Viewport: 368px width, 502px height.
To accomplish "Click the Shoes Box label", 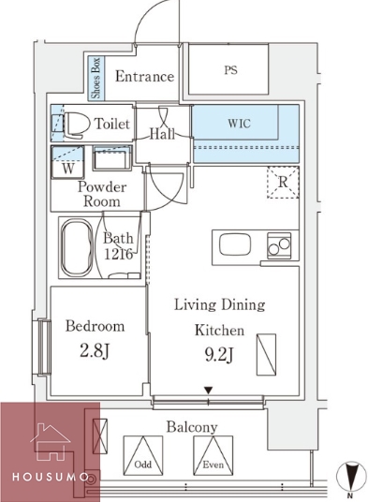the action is coord(96,78).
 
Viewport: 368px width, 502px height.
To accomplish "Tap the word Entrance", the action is coord(144,77).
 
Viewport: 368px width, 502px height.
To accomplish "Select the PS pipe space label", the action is coord(230,70).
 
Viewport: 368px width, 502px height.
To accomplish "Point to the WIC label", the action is coord(239,124).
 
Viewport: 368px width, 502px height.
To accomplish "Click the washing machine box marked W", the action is coord(67,162).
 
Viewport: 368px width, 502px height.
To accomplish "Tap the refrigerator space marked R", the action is coord(283,183).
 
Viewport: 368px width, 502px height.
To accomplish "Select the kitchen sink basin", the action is coord(235,244).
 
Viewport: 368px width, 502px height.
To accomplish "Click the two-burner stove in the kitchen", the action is coord(279,245).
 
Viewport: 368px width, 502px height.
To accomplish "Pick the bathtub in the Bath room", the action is coord(77,247).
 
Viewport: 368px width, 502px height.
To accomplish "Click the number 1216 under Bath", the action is coord(118,254).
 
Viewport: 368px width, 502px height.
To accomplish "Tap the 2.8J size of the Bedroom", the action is coord(95,351).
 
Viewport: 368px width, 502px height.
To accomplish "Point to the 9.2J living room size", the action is coord(219,355).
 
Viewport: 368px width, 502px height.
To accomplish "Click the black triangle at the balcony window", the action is coord(208,391).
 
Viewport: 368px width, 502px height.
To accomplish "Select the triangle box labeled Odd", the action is coord(143,455).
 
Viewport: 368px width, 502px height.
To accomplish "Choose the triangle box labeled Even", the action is coord(213,455).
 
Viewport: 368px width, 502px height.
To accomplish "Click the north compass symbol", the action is coord(351,477).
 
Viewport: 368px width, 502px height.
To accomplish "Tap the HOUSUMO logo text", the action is coord(51,477).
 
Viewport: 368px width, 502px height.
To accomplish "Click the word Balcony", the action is coord(192,427).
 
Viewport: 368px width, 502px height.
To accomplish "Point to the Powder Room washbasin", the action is coord(112,158).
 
